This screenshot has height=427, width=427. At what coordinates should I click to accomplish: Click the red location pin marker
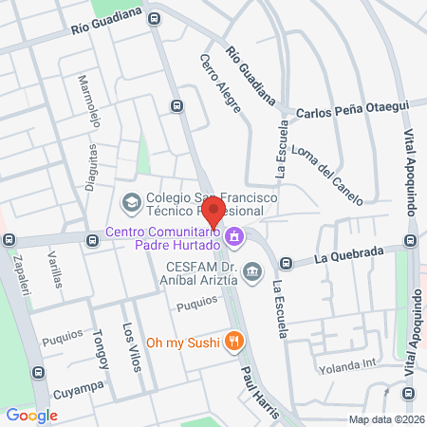pyautogui.click(x=214, y=211)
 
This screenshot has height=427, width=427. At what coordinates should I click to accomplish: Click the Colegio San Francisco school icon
pyautogui.click(x=129, y=201)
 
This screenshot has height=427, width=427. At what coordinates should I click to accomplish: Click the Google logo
pyautogui.click(x=31, y=415)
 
